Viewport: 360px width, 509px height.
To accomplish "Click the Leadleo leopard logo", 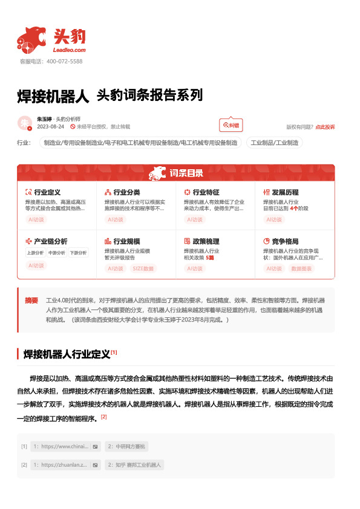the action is (31, 39).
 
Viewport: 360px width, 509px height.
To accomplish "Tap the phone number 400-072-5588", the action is (64, 62).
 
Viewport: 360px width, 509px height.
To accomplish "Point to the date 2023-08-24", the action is (51, 127).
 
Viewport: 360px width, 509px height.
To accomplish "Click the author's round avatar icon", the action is (25, 123).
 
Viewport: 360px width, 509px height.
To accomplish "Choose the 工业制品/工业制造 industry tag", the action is (274, 143).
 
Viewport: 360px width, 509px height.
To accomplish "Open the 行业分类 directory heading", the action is (126, 192).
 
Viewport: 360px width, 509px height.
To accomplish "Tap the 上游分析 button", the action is (35, 253).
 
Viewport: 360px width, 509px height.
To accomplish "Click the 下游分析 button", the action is (78, 253).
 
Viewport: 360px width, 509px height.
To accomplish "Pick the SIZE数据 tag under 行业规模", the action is (143, 268).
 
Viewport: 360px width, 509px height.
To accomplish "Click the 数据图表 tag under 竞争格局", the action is (302, 268).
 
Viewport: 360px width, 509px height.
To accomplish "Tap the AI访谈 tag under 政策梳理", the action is (194, 268).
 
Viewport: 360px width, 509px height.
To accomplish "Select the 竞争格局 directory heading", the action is (285, 241).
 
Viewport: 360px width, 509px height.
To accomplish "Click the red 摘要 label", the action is (31, 300).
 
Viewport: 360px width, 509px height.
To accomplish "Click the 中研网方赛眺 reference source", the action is (126, 447).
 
